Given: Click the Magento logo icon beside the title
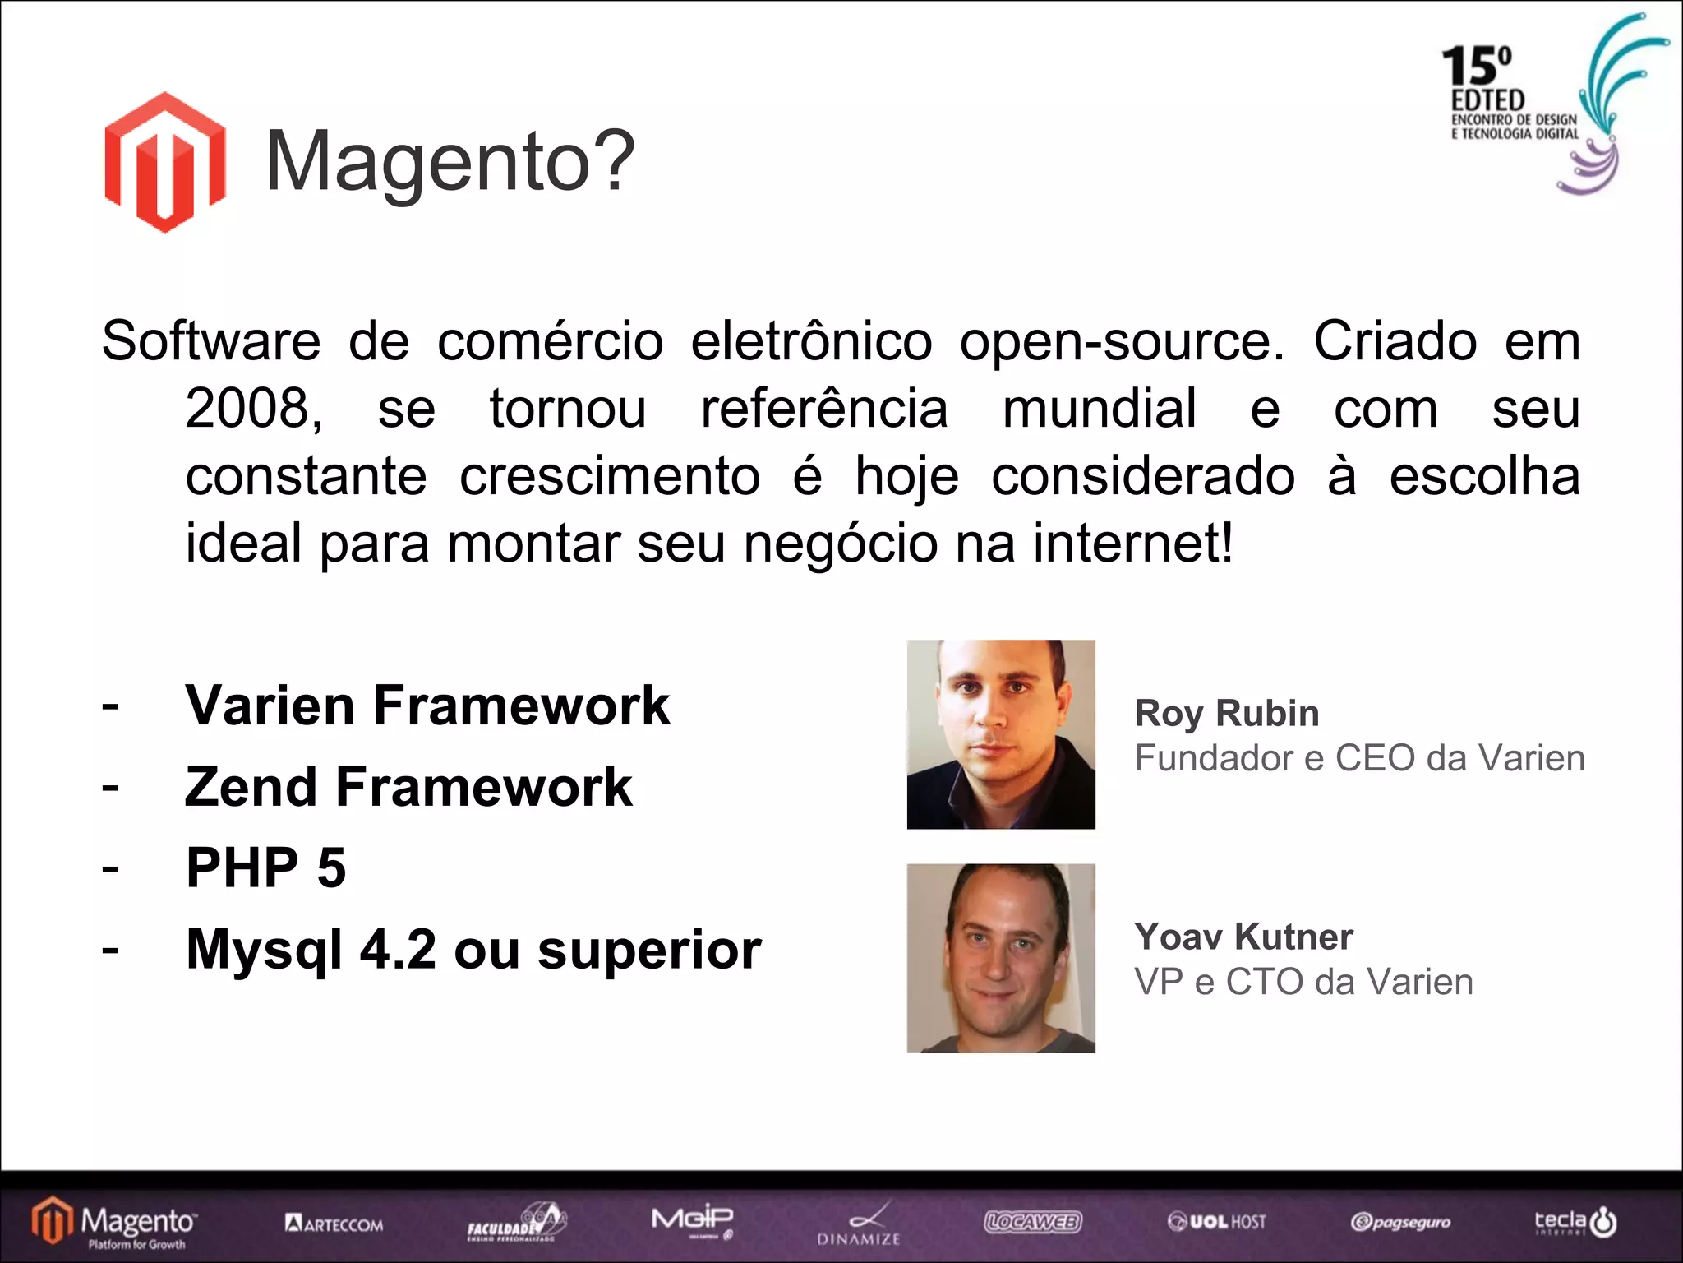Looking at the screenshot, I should point(164,162).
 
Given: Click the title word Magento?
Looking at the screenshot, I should point(450,162).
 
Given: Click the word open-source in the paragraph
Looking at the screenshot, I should point(1121,341).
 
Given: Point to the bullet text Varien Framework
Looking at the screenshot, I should point(427,706).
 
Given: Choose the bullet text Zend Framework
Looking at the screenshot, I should point(408,787).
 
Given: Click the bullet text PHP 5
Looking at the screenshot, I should point(265,867).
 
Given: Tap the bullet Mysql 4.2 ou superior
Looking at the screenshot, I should point(473,949).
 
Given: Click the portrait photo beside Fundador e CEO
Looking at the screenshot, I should point(1001,734).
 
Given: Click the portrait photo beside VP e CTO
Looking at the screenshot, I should point(1001,958).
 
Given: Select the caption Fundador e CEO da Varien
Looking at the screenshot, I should point(1359,758).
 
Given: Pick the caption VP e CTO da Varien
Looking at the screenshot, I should point(1303,982).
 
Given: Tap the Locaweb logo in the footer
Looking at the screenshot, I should point(1033,1222).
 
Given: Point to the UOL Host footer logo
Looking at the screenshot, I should point(1216,1222).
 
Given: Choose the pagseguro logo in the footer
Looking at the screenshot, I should point(1400,1223).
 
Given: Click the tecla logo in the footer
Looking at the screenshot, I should point(1575,1222).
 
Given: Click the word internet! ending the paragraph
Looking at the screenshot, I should point(1132,544).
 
